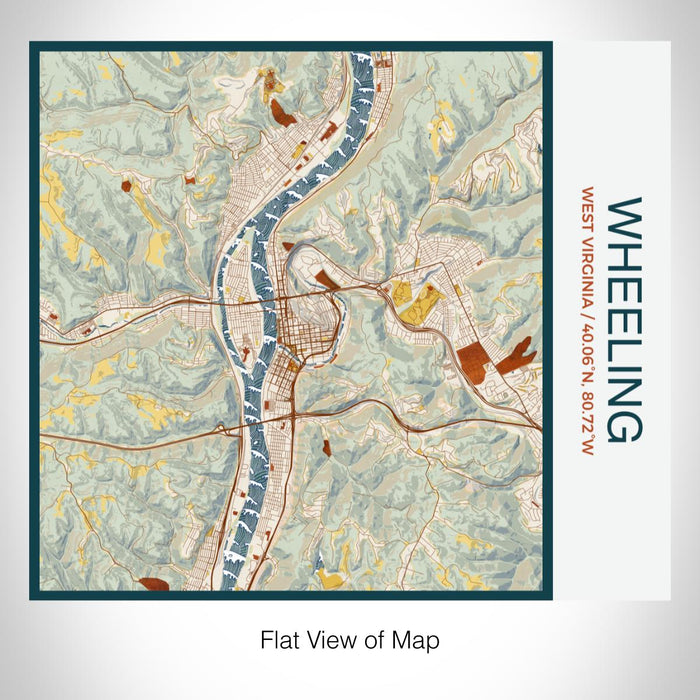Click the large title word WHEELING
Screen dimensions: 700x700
tap(625, 319)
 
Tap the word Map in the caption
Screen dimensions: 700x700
tap(417, 639)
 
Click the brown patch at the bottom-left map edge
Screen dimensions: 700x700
tap(155, 585)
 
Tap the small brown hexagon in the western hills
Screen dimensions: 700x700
tap(126, 185)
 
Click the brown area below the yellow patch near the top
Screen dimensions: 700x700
tap(283, 113)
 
